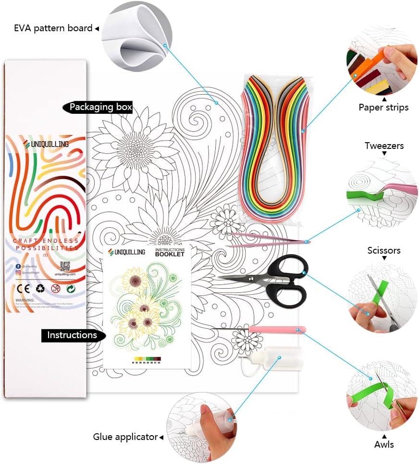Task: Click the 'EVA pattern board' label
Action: pos(53,28)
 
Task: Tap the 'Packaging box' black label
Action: pos(100,107)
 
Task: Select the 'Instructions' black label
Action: pos(72,335)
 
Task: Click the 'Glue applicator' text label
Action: pos(125,437)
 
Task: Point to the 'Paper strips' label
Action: pos(383,107)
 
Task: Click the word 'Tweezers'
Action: pos(384,146)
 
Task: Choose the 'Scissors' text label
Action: pos(384,250)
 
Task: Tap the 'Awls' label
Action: pos(384,444)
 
